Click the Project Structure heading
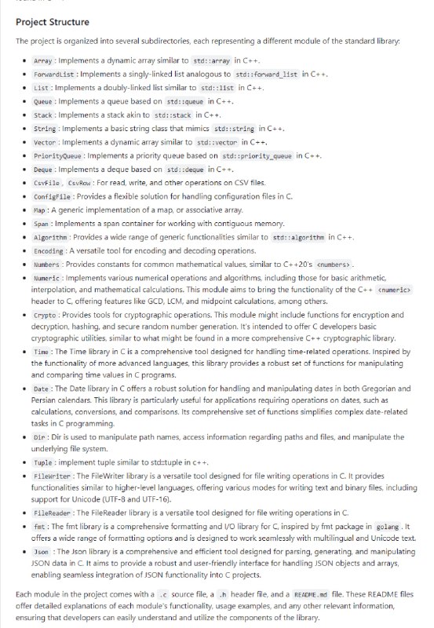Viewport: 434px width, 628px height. tap(53, 21)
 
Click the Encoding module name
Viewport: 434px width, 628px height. tap(48, 251)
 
